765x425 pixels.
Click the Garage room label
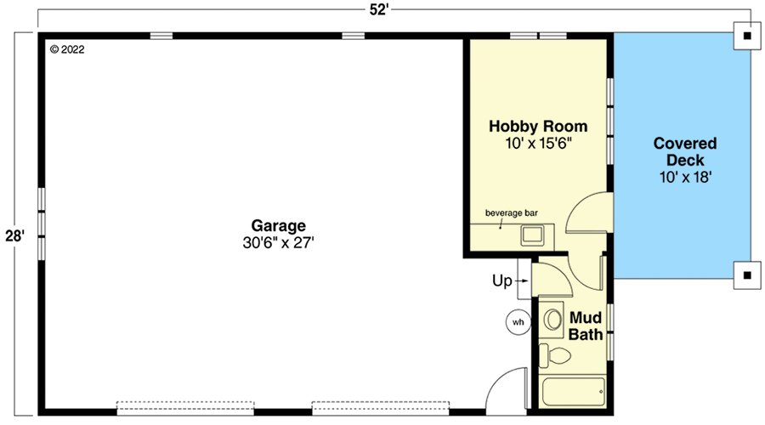[x=278, y=226]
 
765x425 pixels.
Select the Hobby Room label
[x=537, y=127]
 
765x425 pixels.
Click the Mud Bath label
[x=585, y=326]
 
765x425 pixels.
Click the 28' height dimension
[x=14, y=235]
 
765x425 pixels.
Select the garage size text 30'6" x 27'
[x=278, y=243]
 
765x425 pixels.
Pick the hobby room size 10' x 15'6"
[x=537, y=144]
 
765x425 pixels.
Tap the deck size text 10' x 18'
[x=684, y=178]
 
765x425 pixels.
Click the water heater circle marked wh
[x=518, y=322]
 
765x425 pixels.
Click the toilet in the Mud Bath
[x=557, y=356]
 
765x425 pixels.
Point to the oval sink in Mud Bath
[x=553, y=320]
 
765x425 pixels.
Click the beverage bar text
[x=512, y=212]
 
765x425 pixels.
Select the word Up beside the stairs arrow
[x=501, y=280]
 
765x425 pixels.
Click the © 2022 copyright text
[x=67, y=49]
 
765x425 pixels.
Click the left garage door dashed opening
[x=184, y=407]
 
